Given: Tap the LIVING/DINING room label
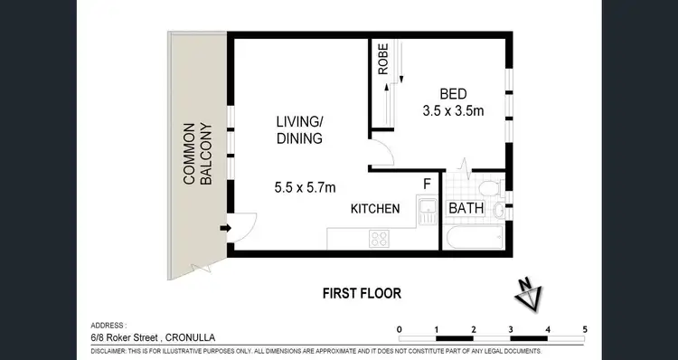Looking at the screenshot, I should click(x=299, y=130).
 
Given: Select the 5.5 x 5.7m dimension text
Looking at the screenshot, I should click(x=305, y=188).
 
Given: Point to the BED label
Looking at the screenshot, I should click(x=454, y=93).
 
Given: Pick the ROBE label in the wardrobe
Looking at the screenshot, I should click(x=383, y=60).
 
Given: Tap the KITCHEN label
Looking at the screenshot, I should click(x=376, y=209).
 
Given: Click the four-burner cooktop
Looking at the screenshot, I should click(x=379, y=240).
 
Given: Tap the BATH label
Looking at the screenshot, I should click(x=466, y=209).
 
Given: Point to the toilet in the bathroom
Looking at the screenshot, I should click(x=488, y=189).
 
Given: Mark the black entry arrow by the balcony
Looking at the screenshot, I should click(x=224, y=229).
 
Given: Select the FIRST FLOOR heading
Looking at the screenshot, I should click(x=362, y=293).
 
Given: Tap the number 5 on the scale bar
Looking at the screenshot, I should click(x=586, y=328).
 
